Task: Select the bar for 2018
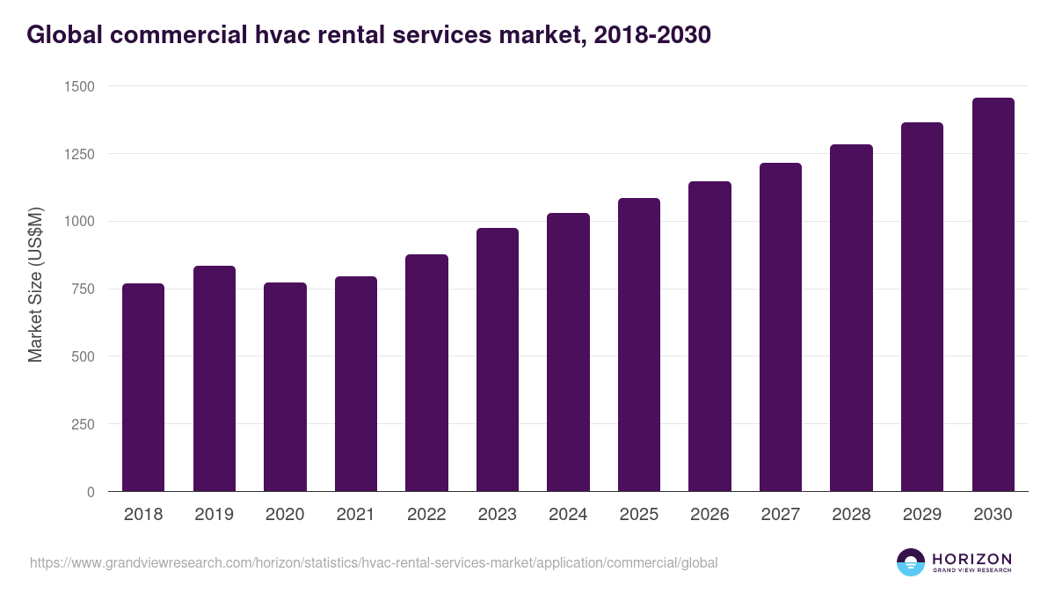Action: point(143,387)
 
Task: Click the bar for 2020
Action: point(285,387)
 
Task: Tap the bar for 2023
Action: point(498,360)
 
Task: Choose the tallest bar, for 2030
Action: point(993,295)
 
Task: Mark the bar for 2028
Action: point(851,318)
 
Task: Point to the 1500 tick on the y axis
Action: point(79,86)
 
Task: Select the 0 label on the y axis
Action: point(90,492)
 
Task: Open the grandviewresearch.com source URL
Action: point(374,562)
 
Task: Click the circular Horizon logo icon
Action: point(911,562)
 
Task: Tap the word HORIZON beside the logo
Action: point(971,559)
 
